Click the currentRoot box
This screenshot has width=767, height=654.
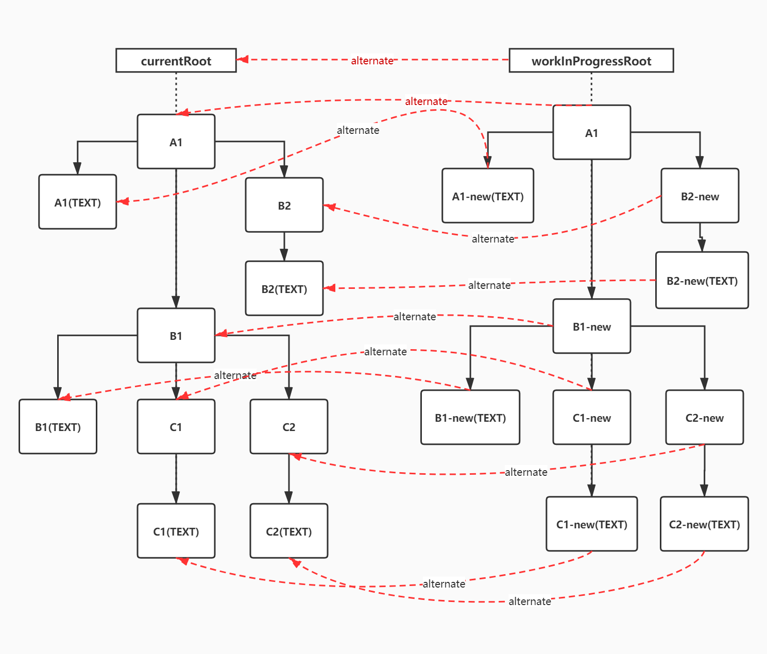coord(176,61)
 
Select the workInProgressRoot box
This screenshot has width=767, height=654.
coord(591,61)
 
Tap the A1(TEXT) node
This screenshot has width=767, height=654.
coord(78,202)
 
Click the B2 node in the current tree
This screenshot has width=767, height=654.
coord(284,205)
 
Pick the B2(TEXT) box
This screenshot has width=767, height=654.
coord(284,288)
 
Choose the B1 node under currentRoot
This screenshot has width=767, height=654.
coord(176,335)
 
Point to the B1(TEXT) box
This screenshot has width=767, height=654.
coord(58,427)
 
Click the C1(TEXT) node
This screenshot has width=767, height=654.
coord(176,531)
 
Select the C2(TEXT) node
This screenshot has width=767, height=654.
coord(289,531)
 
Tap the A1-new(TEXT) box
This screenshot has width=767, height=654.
coord(488,196)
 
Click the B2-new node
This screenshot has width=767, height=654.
coord(700,196)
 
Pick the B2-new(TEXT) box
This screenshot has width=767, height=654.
coord(702,280)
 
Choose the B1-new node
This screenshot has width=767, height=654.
coord(592,326)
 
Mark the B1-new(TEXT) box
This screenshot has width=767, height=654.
coord(470,417)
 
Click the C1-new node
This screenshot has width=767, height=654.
coord(592,417)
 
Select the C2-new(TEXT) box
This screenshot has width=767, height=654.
coord(704,524)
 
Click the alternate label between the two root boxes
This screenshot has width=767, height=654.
coord(372,61)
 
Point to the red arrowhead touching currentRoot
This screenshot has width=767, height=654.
coord(243,59)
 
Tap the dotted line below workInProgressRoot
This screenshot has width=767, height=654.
coord(591,88)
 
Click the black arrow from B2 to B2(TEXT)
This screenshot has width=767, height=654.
coord(284,247)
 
